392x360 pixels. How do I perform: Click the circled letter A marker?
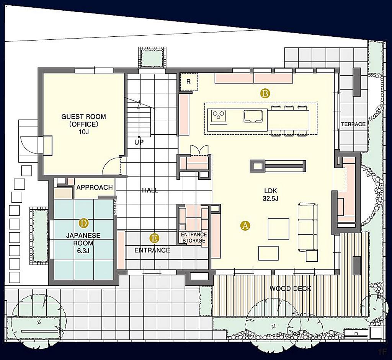(x=245, y=226)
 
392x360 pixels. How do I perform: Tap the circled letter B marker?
(x=265, y=93)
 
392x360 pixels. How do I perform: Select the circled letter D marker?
(x=83, y=223)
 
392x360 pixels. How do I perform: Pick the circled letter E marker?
(x=155, y=238)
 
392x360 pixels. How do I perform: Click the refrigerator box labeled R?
(x=189, y=82)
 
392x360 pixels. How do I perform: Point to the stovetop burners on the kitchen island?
(x=219, y=116)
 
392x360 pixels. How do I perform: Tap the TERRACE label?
(x=353, y=124)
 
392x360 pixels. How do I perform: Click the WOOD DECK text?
(x=291, y=288)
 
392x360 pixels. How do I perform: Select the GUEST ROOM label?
(x=83, y=116)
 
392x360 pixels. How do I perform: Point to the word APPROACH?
(x=95, y=187)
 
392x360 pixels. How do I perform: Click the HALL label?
(x=150, y=191)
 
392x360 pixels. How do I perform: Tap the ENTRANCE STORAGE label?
(x=194, y=238)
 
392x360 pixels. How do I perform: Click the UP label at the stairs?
(x=139, y=142)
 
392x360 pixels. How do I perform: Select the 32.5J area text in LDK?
(x=271, y=199)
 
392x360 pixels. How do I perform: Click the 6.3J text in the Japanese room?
(x=83, y=251)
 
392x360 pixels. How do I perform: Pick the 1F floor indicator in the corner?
(x=382, y=352)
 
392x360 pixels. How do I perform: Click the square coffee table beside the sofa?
(x=279, y=229)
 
